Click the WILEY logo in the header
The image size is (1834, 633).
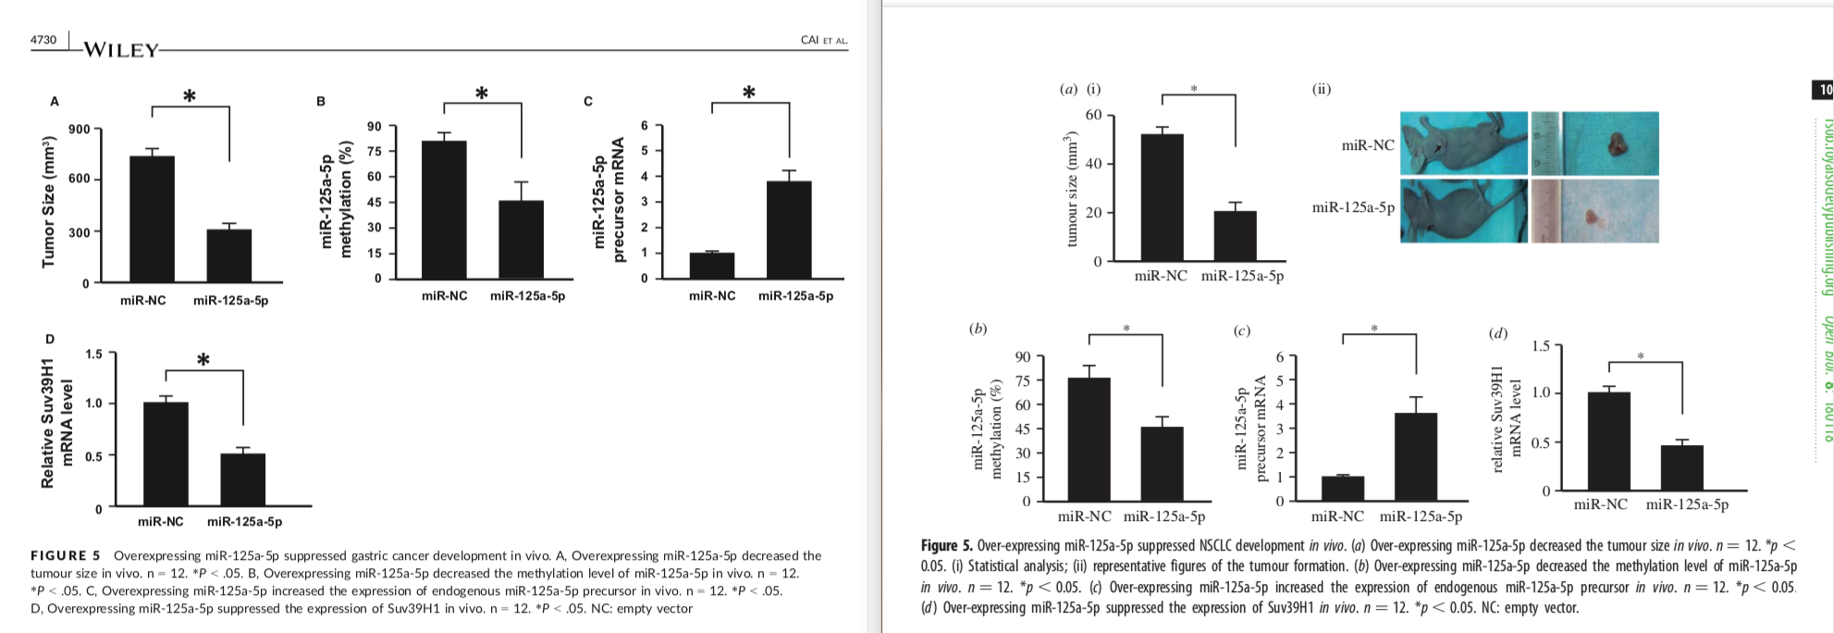tap(121, 50)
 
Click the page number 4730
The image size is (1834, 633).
tap(43, 40)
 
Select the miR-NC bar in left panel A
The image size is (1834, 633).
tap(152, 218)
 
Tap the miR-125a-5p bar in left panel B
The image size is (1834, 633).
tap(521, 239)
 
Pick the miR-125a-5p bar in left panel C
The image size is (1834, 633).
tap(789, 229)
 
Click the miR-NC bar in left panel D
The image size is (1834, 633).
tap(166, 453)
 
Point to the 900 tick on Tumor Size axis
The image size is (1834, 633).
tap(79, 130)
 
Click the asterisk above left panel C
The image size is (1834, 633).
tap(749, 93)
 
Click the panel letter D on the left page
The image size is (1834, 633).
tap(51, 340)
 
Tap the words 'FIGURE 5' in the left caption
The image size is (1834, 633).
tap(65, 555)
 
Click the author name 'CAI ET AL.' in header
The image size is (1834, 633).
tap(823, 40)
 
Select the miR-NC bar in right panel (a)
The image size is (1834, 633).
tap(1162, 197)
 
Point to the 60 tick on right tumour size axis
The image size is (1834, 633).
tap(1093, 115)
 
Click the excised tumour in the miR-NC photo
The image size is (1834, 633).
tap(1618, 143)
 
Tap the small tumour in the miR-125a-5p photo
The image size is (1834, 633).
tap(1592, 218)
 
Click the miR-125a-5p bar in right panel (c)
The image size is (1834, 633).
tap(1416, 456)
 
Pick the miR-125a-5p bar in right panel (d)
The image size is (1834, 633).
tap(1681, 467)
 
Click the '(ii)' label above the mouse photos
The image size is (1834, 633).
tap(1321, 89)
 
